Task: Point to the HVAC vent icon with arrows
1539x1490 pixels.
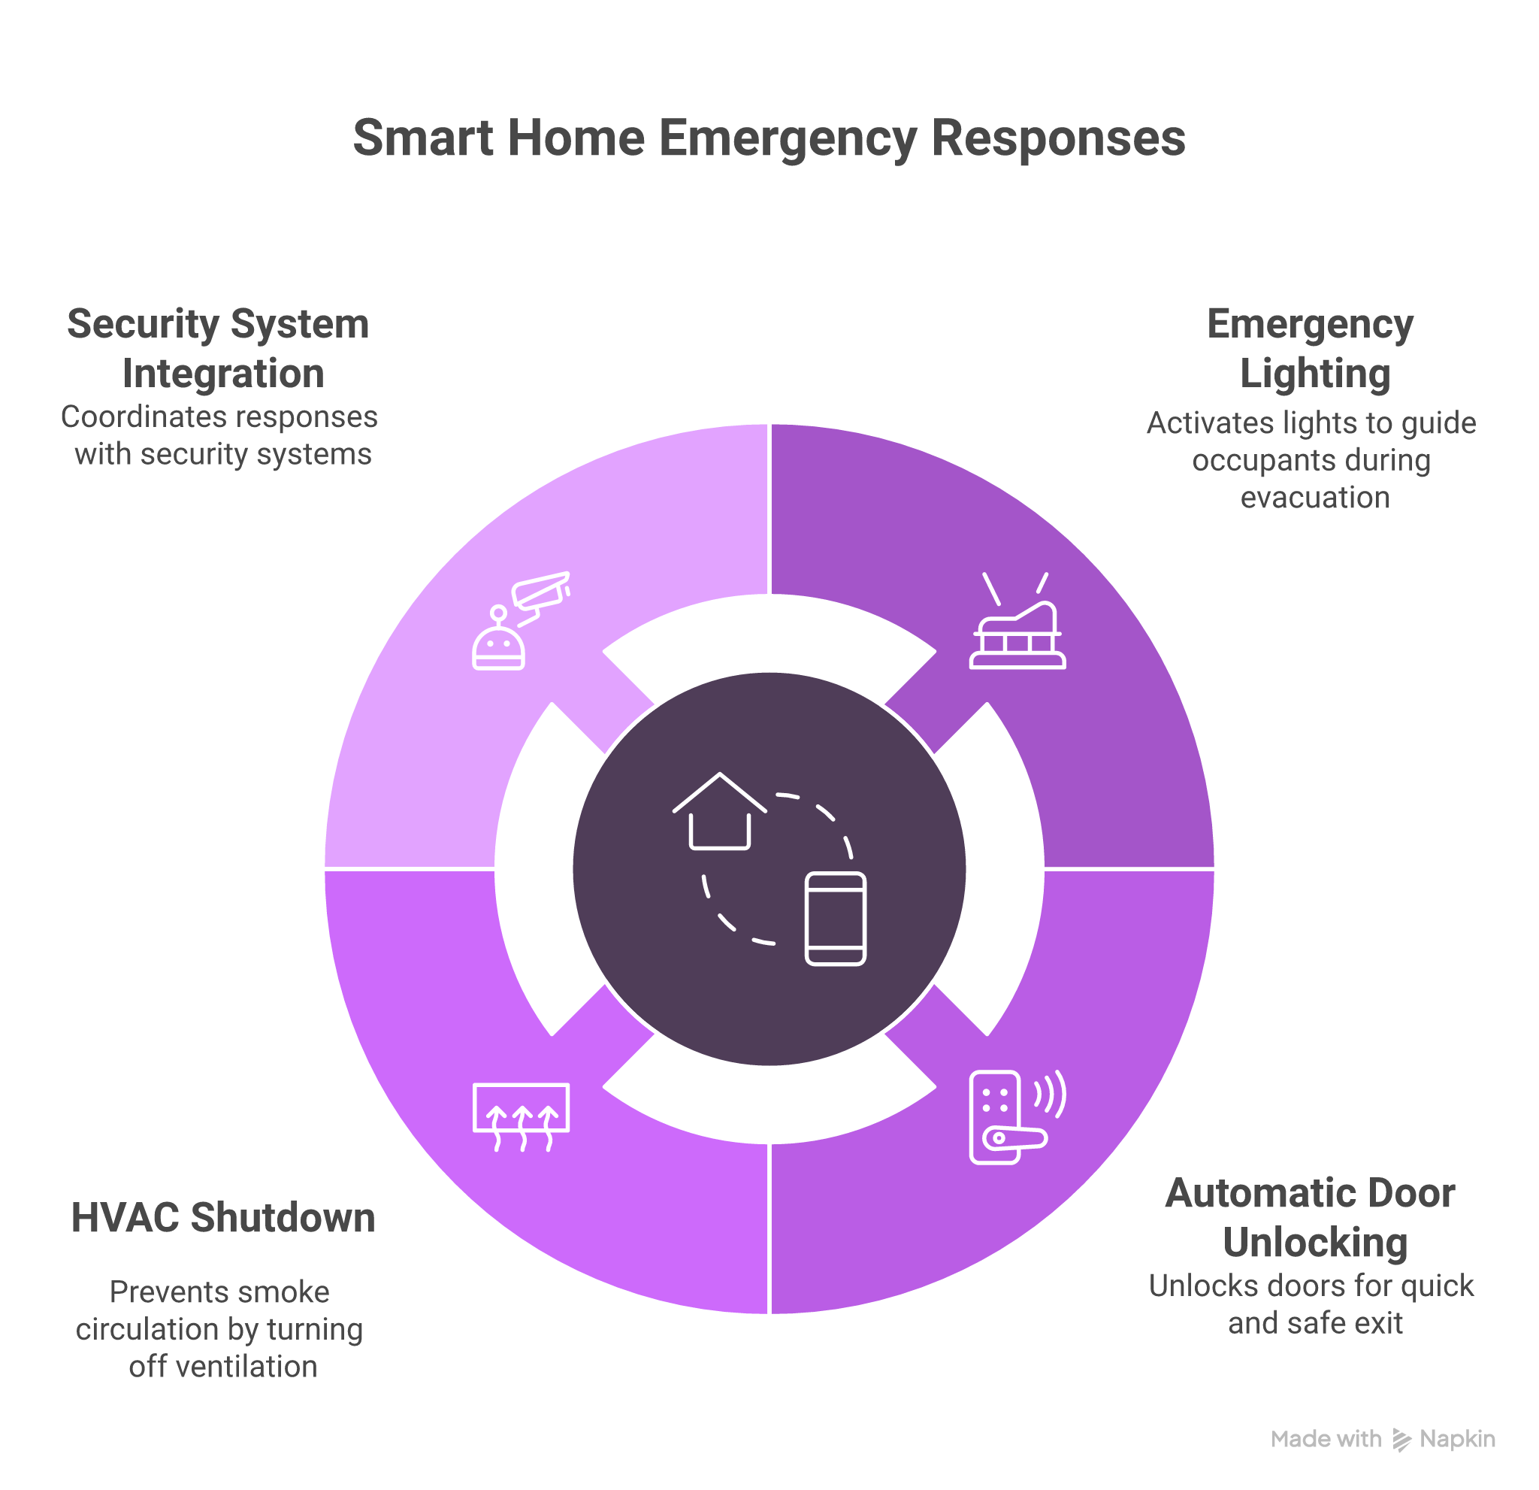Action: click(522, 1116)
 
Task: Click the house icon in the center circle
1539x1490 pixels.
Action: click(719, 812)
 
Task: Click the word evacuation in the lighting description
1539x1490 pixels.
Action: click(1314, 498)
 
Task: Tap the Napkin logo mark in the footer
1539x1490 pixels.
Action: click(1401, 1439)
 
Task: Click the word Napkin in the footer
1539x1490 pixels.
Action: click(1457, 1439)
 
